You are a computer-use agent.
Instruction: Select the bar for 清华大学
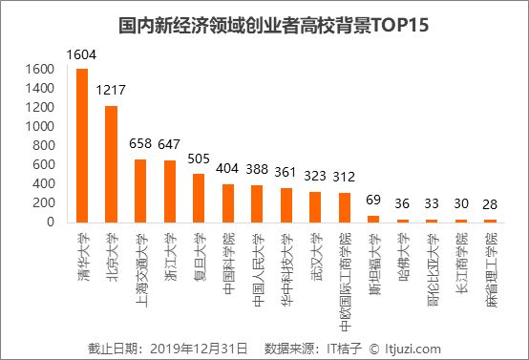click(82, 145)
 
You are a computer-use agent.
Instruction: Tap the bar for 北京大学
click(112, 163)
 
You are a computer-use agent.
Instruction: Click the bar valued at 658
click(140, 190)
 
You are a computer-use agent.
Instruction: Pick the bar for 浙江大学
click(170, 191)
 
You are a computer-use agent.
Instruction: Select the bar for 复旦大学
click(199, 198)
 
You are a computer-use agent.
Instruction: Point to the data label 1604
click(82, 57)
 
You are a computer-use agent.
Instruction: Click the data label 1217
click(112, 94)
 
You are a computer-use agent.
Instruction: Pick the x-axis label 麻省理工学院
click(489, 258)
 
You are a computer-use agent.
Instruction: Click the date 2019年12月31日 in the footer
click(202, 348)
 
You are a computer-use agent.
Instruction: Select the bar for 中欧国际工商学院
click(345, 207)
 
